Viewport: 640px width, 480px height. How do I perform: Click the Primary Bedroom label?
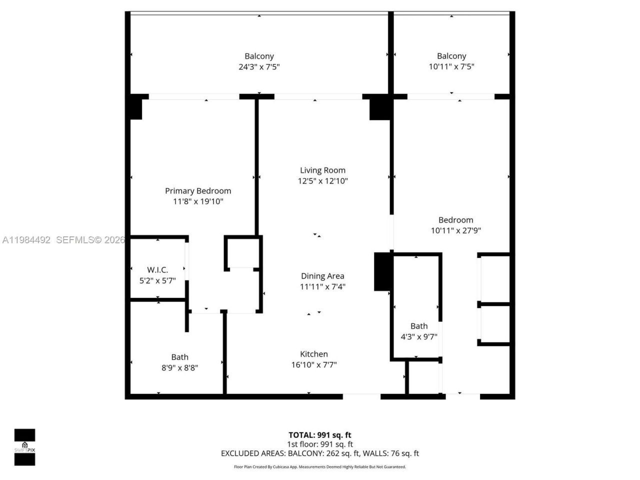coord(198,190)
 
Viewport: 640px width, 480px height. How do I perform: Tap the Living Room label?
coord(322,170)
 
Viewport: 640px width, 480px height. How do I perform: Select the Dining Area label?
coord(322,275)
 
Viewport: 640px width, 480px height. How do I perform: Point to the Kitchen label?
coord(314,354)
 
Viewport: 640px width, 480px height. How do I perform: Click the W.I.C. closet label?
coord(157,270)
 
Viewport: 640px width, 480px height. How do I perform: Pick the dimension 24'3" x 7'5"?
coord(259,66)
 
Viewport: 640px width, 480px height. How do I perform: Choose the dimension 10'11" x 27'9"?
coord(455,230)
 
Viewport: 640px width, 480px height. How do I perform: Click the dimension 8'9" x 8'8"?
coord(179,367)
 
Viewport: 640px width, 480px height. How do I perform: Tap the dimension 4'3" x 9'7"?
coord(419,336)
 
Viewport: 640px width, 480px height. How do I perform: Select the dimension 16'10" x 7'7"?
coord(314,364)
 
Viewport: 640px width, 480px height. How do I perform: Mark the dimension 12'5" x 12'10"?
coord(322,181)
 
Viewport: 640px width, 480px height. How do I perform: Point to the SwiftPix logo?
coord(24,447)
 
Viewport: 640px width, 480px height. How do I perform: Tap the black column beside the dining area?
coord(382,271)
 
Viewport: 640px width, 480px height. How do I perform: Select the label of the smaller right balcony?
coord(451,56)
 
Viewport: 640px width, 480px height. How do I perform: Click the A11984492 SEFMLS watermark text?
coord(62,240)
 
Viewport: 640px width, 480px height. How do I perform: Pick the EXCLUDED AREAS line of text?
coord(319,453)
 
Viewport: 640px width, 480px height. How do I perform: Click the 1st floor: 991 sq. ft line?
coord(319,444)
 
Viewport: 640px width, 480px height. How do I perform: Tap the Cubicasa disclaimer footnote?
coord(319,467)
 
